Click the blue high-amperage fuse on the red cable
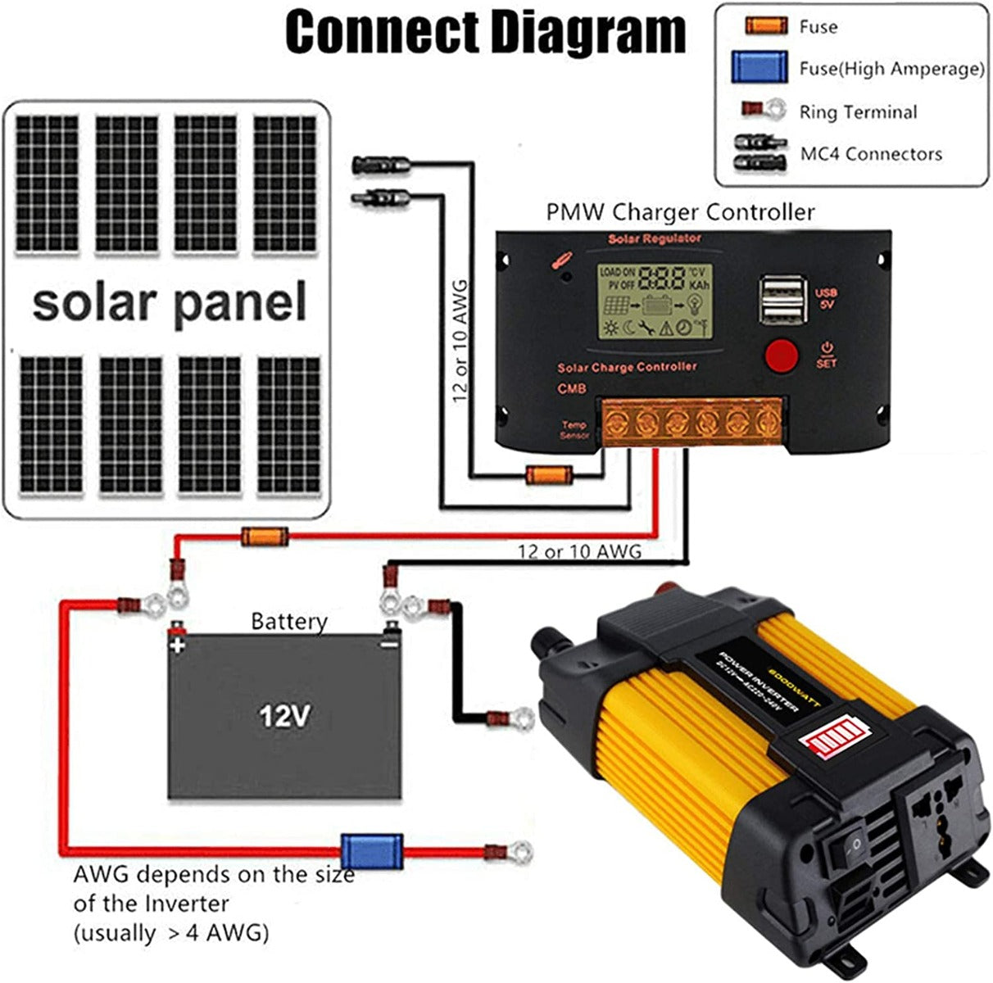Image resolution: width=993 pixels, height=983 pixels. point(372,852)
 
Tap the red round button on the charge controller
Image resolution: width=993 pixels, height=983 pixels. point(781,355)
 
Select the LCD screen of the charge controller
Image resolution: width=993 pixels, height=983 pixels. point(654,302)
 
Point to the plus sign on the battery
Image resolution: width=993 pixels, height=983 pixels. point(177,646)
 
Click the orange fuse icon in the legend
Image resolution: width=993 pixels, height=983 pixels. point(766,26)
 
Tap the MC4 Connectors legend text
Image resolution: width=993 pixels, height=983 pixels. point(871,153)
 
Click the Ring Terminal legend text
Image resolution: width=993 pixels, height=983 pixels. point(858,112)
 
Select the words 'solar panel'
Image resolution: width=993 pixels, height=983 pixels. point(170,301)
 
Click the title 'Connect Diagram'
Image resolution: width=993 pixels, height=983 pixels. point(485,33)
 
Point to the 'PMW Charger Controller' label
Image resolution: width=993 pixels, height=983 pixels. point(680,212)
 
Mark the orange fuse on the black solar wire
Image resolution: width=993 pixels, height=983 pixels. point(547,474)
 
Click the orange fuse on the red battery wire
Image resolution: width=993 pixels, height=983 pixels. point(265,537)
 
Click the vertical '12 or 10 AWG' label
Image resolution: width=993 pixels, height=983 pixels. point(460,340)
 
